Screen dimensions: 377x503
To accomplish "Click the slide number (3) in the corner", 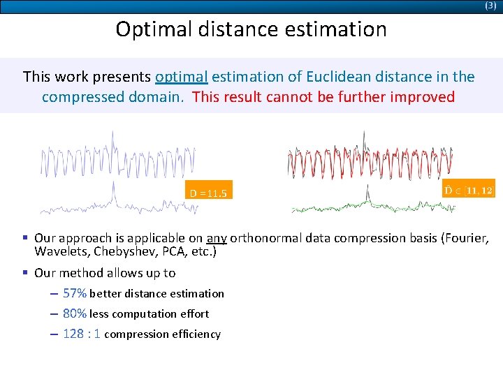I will click(x=490, y=6).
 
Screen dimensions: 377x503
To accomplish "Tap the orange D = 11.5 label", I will click(x=208, y=193).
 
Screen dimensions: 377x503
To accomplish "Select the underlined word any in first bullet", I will click(x=216, y=238).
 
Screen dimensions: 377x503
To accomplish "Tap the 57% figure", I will click(x=75, y=293).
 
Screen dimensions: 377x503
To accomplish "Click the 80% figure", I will click(x=75, y=313).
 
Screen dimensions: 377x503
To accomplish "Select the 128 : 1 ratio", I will click(x=82, y=334).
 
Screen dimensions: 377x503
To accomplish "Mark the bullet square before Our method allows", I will click(x=26, y=273).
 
